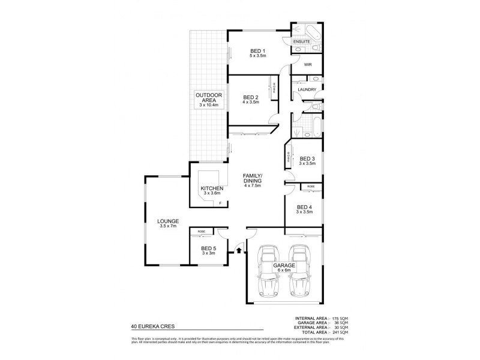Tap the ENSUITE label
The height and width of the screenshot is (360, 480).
click(x=301, y=41)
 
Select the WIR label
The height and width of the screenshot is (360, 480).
click(x=307, y=64)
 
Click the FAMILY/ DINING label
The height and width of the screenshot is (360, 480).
click(x=253, y=179)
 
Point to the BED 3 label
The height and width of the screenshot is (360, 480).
click(x=307, y=159)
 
